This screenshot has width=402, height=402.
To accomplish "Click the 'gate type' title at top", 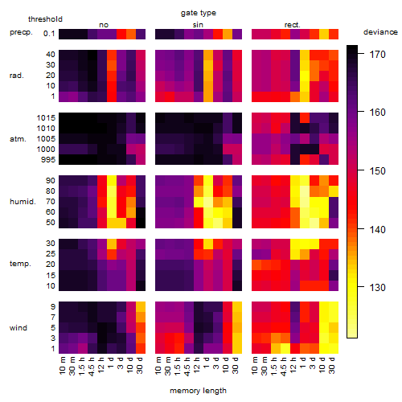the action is pyautogui.click(x=199, y=13).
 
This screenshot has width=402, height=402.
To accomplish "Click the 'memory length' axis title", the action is pyautogui.click(x=198, y=391).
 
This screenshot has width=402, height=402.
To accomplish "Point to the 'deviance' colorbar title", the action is pyautogui.click(x=380, y=32).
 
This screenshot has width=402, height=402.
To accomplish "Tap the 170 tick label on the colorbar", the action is pyautogui.click(x=377, y=55).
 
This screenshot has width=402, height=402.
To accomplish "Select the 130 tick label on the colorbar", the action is pyautogui.click(x=377, y=288).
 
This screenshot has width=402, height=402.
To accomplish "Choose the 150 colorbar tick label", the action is pyautogui.click(x=377, y=170).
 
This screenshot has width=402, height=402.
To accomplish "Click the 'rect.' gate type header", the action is pyautogui.click(x=293, y=25).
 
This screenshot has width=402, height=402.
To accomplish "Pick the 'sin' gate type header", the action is pyautogui.click(x=198, y=25).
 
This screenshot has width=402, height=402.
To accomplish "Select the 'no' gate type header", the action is pyautogui.click(x=104, y=25).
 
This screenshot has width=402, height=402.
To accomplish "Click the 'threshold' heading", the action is pyautogui.click(x=45, y=19).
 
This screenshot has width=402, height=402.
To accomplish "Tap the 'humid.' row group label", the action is pyautogui.click(x=23, y=202).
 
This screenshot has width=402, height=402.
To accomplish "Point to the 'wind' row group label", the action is pyautogui.click(x=18, y=328).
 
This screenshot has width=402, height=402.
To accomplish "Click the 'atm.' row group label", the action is pyautogui.click(x=18, y=139).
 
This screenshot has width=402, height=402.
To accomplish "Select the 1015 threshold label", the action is pyautogui.click(x=46, y=118).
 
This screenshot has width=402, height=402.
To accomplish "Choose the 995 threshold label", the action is pyautogui.click(x=48, y=160).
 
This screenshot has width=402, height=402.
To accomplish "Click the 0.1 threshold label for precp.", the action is pyautogui.click(x=49, y=34).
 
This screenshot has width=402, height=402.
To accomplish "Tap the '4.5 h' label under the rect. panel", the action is pyautogui.click(x=284, y=367).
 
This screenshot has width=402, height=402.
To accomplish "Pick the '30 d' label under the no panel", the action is pyautogui.click(x=140, y=365).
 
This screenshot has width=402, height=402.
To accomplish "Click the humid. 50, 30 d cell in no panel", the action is pyautogui.click(x=141, y=223).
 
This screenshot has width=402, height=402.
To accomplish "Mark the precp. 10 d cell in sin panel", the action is pyautogui.click(x=228, y=34).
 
